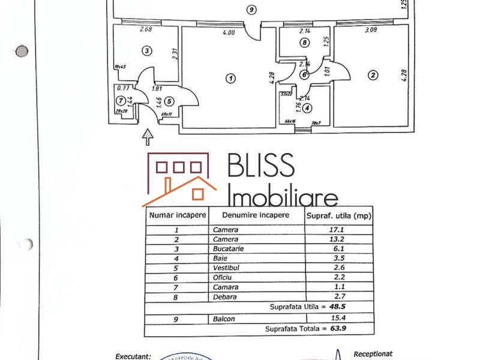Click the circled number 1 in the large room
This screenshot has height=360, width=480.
coord(230,77)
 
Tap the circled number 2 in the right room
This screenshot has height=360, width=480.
coord(373,75)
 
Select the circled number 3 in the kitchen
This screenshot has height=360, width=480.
coord(146,51)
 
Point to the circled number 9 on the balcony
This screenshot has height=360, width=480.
coord(251,9)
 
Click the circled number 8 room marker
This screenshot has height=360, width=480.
coord(305,43)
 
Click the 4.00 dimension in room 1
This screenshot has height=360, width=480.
coord(228,33)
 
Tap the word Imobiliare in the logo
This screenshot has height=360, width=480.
coord(284,195)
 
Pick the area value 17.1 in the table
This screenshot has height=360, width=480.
coord(340,230)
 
